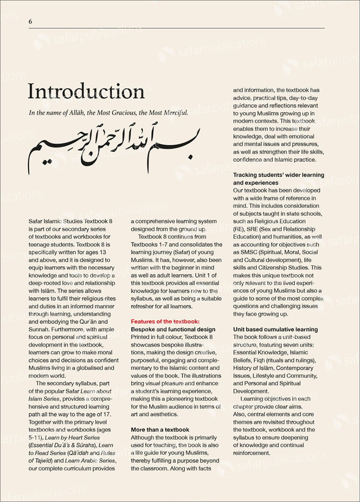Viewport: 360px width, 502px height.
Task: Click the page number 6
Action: (x=30, y=22)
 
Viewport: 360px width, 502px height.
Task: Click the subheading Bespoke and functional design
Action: (x=173, y=330)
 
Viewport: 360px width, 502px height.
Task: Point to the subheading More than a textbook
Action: (x=160, y=430)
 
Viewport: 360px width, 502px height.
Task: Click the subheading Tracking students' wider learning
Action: (x=279, y=175)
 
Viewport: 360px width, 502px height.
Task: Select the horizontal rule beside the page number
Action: (x=180, y=28)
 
